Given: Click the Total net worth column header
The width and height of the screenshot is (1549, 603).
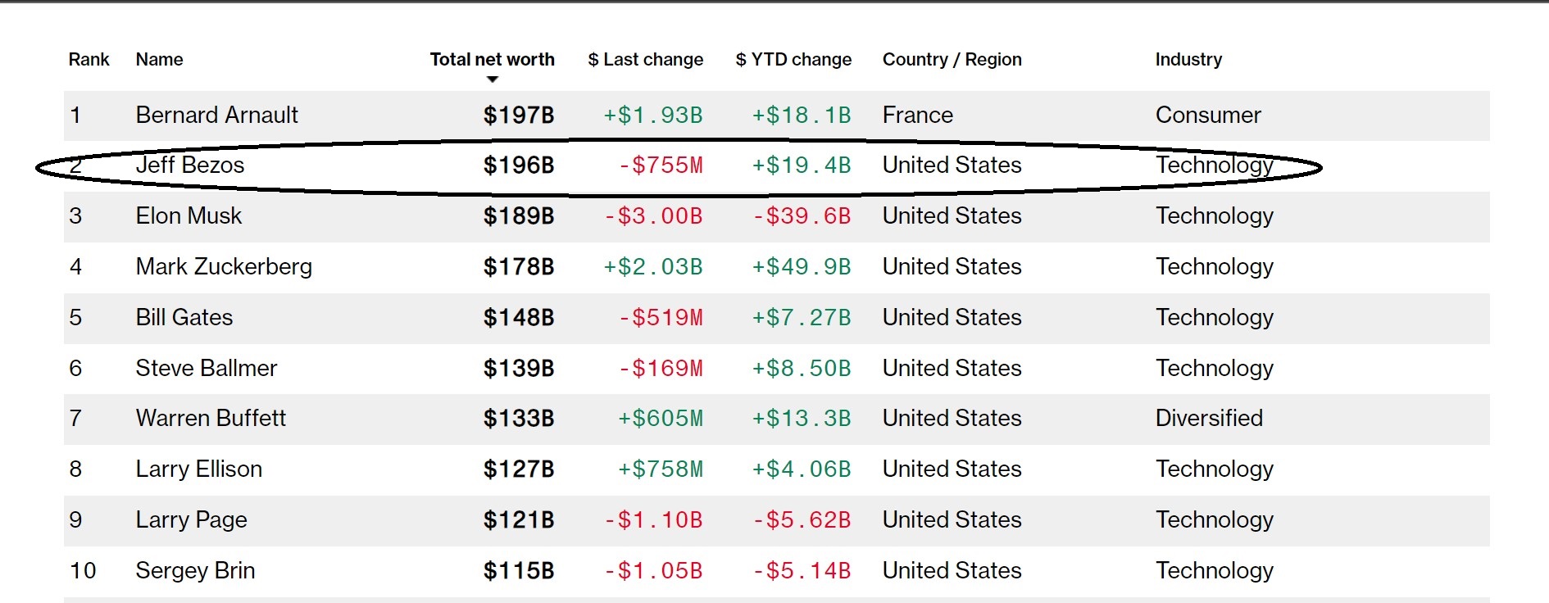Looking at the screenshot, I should point(492,60).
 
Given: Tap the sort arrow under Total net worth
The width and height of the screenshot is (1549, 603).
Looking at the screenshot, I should point(492,79).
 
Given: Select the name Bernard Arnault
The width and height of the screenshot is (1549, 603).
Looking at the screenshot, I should point(216,116).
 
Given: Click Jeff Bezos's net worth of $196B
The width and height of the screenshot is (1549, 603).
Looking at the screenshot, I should point(518,165).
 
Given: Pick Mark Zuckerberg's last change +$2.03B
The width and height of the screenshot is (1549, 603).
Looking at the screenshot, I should point(652,267).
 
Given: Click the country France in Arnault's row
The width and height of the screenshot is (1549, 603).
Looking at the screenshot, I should point(917,116).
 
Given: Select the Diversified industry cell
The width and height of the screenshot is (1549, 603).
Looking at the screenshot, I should point(1208,419).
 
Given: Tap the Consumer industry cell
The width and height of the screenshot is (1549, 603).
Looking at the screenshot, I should point(1207,116).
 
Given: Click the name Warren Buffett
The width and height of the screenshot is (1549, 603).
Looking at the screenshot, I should point(211,419).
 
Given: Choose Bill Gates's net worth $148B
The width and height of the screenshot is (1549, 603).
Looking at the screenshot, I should point(518,318).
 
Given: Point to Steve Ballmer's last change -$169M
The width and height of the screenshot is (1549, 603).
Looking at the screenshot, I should point(660,369).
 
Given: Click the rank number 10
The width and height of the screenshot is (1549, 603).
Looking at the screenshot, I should point(83,571).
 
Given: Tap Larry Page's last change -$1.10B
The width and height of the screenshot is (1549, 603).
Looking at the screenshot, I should point(652,520).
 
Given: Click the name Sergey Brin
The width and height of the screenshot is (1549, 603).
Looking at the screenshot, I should point(195,571).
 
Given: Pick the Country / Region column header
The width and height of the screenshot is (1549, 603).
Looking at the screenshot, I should point(952,60).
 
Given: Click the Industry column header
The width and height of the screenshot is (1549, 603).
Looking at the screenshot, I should point(1188,60).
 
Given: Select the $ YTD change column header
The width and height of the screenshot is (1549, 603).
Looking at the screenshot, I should point(793,60).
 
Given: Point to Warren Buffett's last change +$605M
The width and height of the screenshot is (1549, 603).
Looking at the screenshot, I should point(660,419).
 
